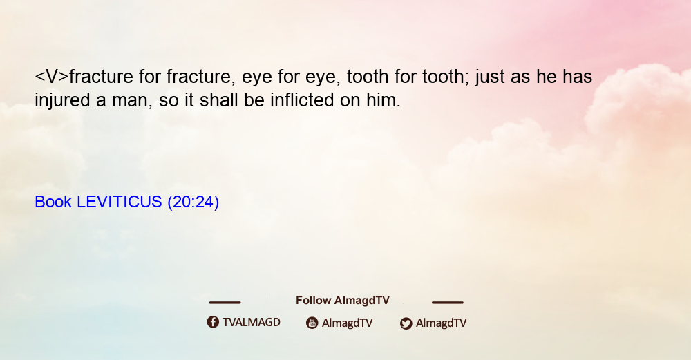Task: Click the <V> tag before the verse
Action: click(x=52, y=77)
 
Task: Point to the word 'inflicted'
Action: click(x=303, y=100)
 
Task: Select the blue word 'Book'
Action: click(x=53, y=202)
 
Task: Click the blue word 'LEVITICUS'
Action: click(x=120, y=202)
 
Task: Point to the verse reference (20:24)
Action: click(x=193, y=202)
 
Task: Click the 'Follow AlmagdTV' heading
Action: click(x=343, y=301)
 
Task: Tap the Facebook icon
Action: click(x=213, y=322)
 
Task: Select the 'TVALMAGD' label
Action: click(x=252, y=323)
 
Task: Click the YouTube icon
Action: click(x=312, y=323)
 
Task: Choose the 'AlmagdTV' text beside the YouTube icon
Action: click(x=348, y=323)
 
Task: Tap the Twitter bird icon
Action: click(x=406, y=323)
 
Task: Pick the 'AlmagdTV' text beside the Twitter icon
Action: click(x=441, y=323)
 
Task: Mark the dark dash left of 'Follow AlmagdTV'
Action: click(x=225, y=303)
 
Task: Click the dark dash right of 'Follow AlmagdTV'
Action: click(x=448, y=303)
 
